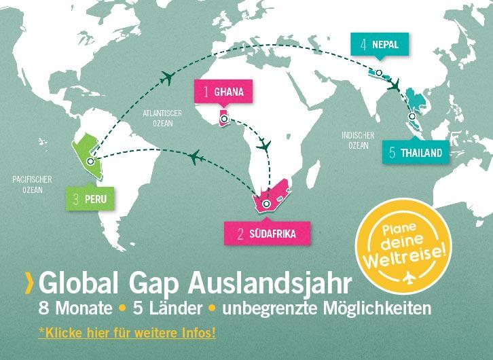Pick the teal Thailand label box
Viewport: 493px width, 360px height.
tap(416, 153)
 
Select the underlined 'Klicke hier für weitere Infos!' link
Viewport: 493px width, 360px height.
tap(127, 334)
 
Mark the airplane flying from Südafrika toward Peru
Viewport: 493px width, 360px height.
tap(195, 158)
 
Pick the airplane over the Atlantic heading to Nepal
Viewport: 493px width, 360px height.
tap(165, 79)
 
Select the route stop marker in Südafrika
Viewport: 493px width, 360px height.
tap(266, 203)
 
